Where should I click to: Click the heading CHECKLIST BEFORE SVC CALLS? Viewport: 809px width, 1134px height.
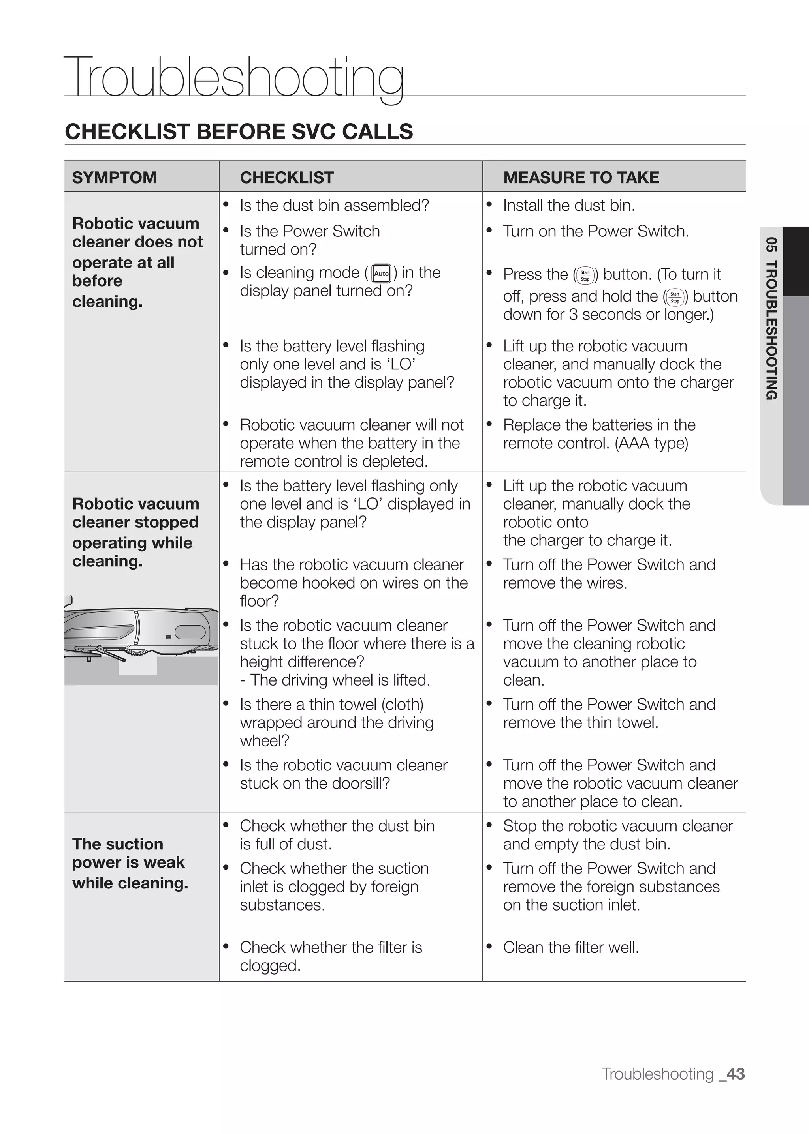[x=239, y=132]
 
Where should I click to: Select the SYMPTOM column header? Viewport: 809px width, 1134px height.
[x=115, y=177]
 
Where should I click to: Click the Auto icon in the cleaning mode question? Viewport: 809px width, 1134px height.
[x=381, y=273]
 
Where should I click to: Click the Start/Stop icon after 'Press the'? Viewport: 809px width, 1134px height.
[x=585, y=275]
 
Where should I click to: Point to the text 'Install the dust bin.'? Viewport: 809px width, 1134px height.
[x=568, y=205]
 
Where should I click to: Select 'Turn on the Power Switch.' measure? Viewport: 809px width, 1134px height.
[x=596, y=231]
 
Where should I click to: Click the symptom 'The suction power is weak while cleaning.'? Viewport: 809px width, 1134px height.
[x=130, y=863]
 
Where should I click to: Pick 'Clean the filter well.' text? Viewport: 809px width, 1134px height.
[x=570, y=947]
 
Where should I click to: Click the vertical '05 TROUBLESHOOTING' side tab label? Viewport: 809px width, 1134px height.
[x=771, y=319]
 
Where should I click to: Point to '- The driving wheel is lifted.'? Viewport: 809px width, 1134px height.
[x=335, y=680]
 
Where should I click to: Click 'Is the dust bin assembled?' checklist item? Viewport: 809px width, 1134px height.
[x=334, y=205]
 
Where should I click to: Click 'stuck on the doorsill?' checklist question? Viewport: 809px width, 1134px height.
[x=314, y=783]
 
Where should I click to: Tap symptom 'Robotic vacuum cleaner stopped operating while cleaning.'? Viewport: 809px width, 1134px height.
[x=135, y=532]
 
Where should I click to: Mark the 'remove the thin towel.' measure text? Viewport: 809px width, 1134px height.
[x=580, y=722]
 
